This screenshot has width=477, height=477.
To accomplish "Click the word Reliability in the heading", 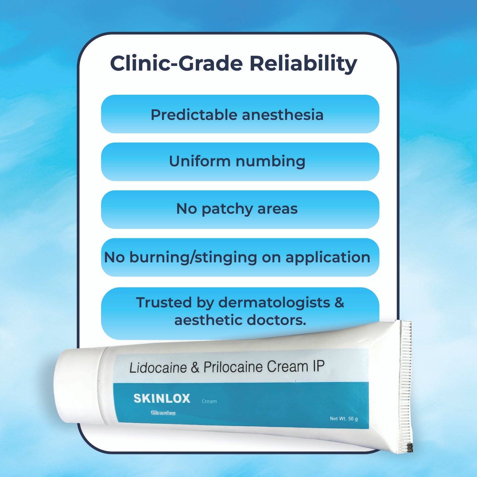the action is tap(303, 64).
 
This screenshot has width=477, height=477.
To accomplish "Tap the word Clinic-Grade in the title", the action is tap(176, 64).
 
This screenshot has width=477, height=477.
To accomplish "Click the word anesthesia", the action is tap(283, 115).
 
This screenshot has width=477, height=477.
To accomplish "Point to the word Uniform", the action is tap(200, 161).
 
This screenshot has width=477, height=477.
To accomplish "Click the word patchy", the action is tap(227, 209).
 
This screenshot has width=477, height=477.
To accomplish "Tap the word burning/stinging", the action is tap(193, 258).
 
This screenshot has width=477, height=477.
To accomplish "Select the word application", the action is tap(328, 258).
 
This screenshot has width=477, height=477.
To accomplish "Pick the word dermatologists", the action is tap(274, 302).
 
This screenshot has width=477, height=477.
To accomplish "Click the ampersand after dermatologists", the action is tap(340, 302).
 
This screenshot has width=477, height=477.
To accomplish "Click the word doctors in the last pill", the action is tap(276, 320).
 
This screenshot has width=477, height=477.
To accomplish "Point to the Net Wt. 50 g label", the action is tap(344, 419).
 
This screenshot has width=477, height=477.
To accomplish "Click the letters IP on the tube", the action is tap(318, 366).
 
